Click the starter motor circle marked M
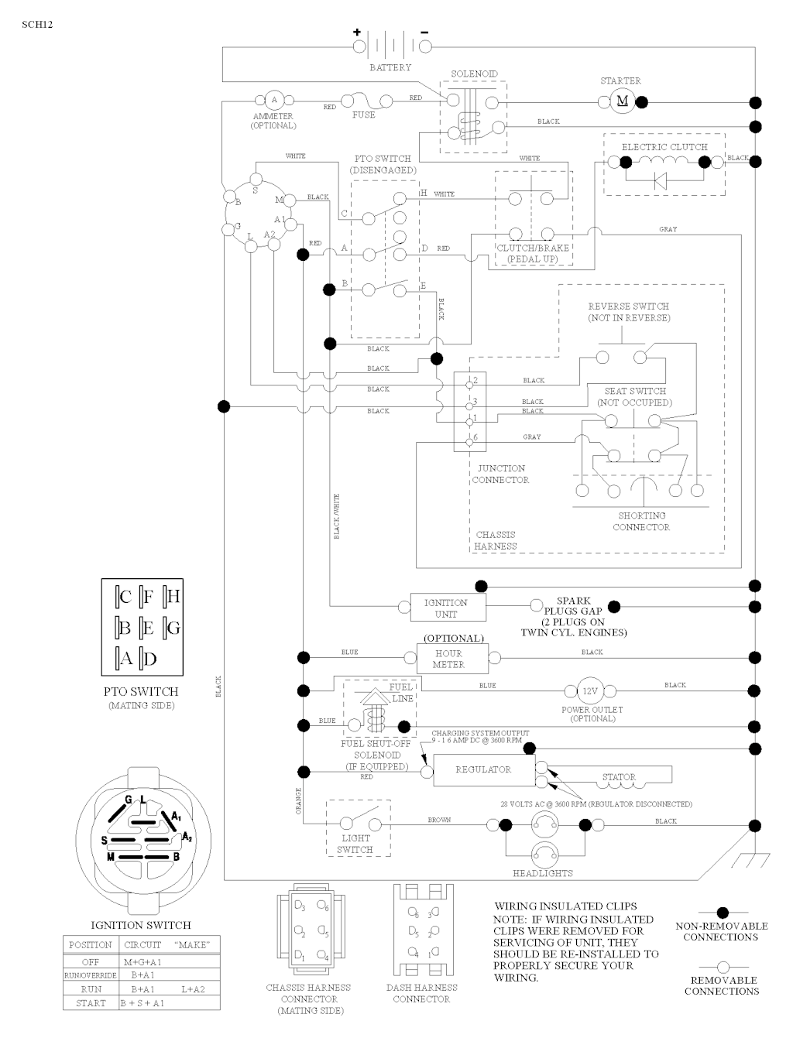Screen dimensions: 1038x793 click(622, 101)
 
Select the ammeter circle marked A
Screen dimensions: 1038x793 click(273, 101)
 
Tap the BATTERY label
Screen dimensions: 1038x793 click(390, 68)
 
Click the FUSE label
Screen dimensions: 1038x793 click(363, 115)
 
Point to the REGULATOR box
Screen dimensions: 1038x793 click(483, 769)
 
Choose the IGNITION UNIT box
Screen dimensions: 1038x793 click(446, 608)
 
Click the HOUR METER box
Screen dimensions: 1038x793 click(448, 659)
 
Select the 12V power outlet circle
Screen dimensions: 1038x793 click(591, 691)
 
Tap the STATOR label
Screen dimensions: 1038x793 click(619, 777)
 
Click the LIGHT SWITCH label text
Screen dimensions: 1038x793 click(355, 844)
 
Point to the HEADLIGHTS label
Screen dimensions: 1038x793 click(543, 873)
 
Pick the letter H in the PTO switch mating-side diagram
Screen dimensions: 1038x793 click(173, 597)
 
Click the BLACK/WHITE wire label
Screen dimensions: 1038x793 click(337, 516)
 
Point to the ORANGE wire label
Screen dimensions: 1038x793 click(298, 801)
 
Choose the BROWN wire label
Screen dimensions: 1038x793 click(439, 820)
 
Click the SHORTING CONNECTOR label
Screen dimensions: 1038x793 click(641, 521)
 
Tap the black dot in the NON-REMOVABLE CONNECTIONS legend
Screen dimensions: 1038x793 click(722, 913)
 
